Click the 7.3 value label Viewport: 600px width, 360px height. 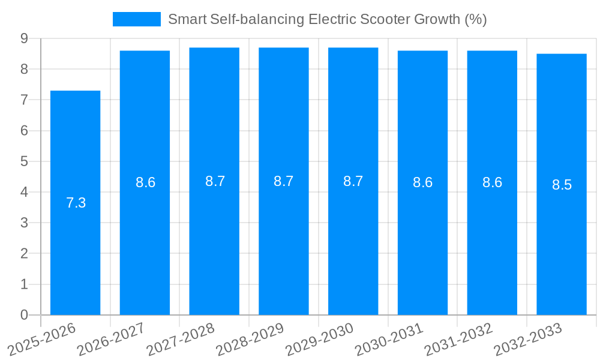coord(76,203)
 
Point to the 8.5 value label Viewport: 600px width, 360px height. coord(562,185)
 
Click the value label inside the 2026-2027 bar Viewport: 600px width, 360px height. coord(146,183)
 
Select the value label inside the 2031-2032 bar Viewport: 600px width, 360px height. coord(493,183)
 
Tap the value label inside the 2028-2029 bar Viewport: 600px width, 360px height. coord(284,181)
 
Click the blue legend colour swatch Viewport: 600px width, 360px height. coord(137,19)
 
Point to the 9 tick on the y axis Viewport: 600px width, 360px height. coord(24,38)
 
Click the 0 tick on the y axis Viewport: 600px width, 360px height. coord(24,315)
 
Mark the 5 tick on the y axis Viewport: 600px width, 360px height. coord(24,161)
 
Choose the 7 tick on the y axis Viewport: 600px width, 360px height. coord(24,100)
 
